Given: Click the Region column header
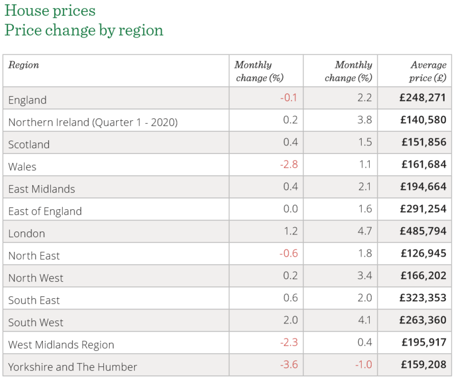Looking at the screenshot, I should (x=24, y=65).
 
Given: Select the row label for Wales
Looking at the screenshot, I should (x=22, y=167).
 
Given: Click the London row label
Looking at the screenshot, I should (x=27, y=234).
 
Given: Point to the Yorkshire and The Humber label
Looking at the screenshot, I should (x=72, y=367).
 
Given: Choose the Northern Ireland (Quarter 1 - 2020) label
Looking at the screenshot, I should (x=93, y=123).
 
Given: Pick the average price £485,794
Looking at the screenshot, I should (x=423, y=231).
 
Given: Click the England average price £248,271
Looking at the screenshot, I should (x=423, y=97).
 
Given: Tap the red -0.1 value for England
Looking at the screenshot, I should (x=288, y=98).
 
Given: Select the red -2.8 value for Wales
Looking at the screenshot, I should (x=288, y=165).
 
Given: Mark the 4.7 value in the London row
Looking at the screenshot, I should (x=365, y=231).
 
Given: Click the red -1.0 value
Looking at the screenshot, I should (x=363, y=364).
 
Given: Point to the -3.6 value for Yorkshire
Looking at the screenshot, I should (x=288, y=364).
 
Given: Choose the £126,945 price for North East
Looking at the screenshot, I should (x=423, y=253).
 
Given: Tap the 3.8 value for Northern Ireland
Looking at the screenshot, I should (x=365, y=120).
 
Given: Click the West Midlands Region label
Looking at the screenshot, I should (x=61, y=345).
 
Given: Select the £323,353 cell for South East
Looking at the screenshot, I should (x=423, y=298).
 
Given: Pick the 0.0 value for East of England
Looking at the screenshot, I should (x=290, y=209).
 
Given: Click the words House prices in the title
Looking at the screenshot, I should (x=50, y=10).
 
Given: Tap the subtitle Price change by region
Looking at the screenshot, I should (x=84, y=30).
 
